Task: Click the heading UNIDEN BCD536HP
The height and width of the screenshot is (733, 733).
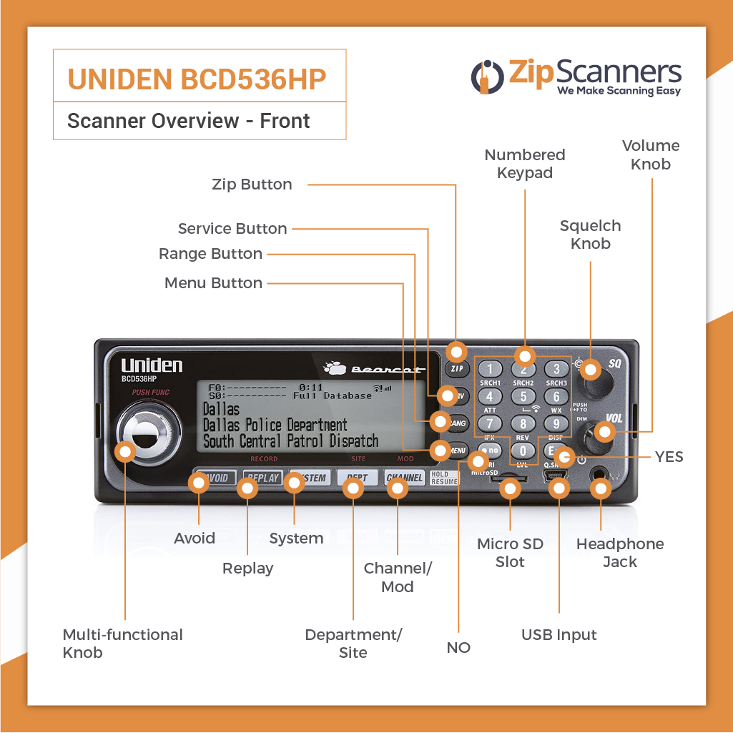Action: [197, 79]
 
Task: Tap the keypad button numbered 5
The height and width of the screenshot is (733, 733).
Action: [523, 397]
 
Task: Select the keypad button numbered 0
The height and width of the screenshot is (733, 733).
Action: [523, 451]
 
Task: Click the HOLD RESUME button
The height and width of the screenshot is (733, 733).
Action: [444, 478]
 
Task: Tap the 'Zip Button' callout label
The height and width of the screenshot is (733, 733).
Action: [252, 185]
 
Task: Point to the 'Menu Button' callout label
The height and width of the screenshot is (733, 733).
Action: [213, 283]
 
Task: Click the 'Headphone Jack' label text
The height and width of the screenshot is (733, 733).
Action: [619, 553]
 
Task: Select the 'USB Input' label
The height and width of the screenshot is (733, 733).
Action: [559, 635]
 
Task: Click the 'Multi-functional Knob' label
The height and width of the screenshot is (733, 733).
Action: [122, 644]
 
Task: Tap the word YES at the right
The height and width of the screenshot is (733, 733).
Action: [669, 457]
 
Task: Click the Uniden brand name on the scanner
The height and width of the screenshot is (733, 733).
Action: [152, 365]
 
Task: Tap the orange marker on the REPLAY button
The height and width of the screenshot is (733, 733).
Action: [247, 488]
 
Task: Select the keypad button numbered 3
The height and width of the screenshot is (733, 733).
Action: [556, 370]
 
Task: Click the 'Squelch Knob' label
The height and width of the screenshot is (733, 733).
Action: [590, 235]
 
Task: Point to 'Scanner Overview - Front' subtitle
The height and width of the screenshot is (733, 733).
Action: [189, 121]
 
